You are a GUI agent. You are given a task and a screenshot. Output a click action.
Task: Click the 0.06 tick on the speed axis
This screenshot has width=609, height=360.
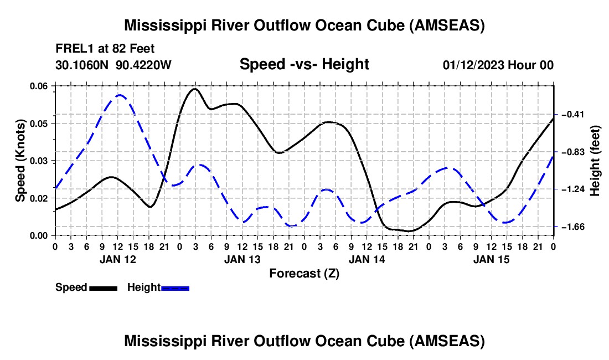(x=42, y=86)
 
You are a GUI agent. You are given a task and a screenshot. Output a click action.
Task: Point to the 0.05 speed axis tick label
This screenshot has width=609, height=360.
(x=42, y=123)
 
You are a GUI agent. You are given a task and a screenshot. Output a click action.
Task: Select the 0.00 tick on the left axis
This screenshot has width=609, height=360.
(x=42, y=236)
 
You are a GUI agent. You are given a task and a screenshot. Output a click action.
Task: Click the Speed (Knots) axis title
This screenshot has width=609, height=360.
(x=20, y=161)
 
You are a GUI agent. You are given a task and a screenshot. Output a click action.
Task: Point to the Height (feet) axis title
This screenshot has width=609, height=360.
(x=596, y=161)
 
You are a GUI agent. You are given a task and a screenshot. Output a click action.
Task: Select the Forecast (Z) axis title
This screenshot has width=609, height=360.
(x=304, y=273)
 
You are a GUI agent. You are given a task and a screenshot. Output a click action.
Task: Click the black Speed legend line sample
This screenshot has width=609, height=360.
(x=103, y=287)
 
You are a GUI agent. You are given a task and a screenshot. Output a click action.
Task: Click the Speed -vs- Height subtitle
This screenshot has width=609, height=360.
(x=304, y=64)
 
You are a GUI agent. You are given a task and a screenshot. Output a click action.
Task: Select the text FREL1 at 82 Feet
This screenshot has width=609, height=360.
(x=104, y=48)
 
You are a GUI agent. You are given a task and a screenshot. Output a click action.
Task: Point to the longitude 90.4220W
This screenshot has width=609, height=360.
(x=144, y=65)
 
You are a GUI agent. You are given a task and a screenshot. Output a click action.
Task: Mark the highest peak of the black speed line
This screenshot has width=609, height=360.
(x=194, y=89)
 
